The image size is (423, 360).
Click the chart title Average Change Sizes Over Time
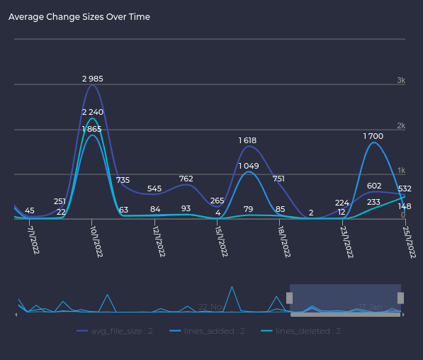click(79, 17)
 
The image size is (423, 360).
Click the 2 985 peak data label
click(92, 79)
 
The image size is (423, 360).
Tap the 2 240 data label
click(93, 112)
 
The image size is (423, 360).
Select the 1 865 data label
click(92, 129)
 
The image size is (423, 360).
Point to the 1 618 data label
click(247, 140)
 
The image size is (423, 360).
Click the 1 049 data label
click(248, 166)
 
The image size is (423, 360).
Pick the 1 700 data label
click(373, 136)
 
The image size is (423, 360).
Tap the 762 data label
click(186, 179)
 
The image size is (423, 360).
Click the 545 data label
click(154, 189)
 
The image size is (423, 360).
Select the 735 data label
click(123, 180)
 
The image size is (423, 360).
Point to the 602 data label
click(374, 186)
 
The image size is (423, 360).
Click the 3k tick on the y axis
click(401, 81)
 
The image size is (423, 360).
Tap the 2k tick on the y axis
click(401, 126)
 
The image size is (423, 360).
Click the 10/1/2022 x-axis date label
click(96, 242)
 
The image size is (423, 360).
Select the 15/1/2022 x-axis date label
click(221, 242)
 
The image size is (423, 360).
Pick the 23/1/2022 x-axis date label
click(346, 242)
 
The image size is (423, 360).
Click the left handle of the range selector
click(289, 298)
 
